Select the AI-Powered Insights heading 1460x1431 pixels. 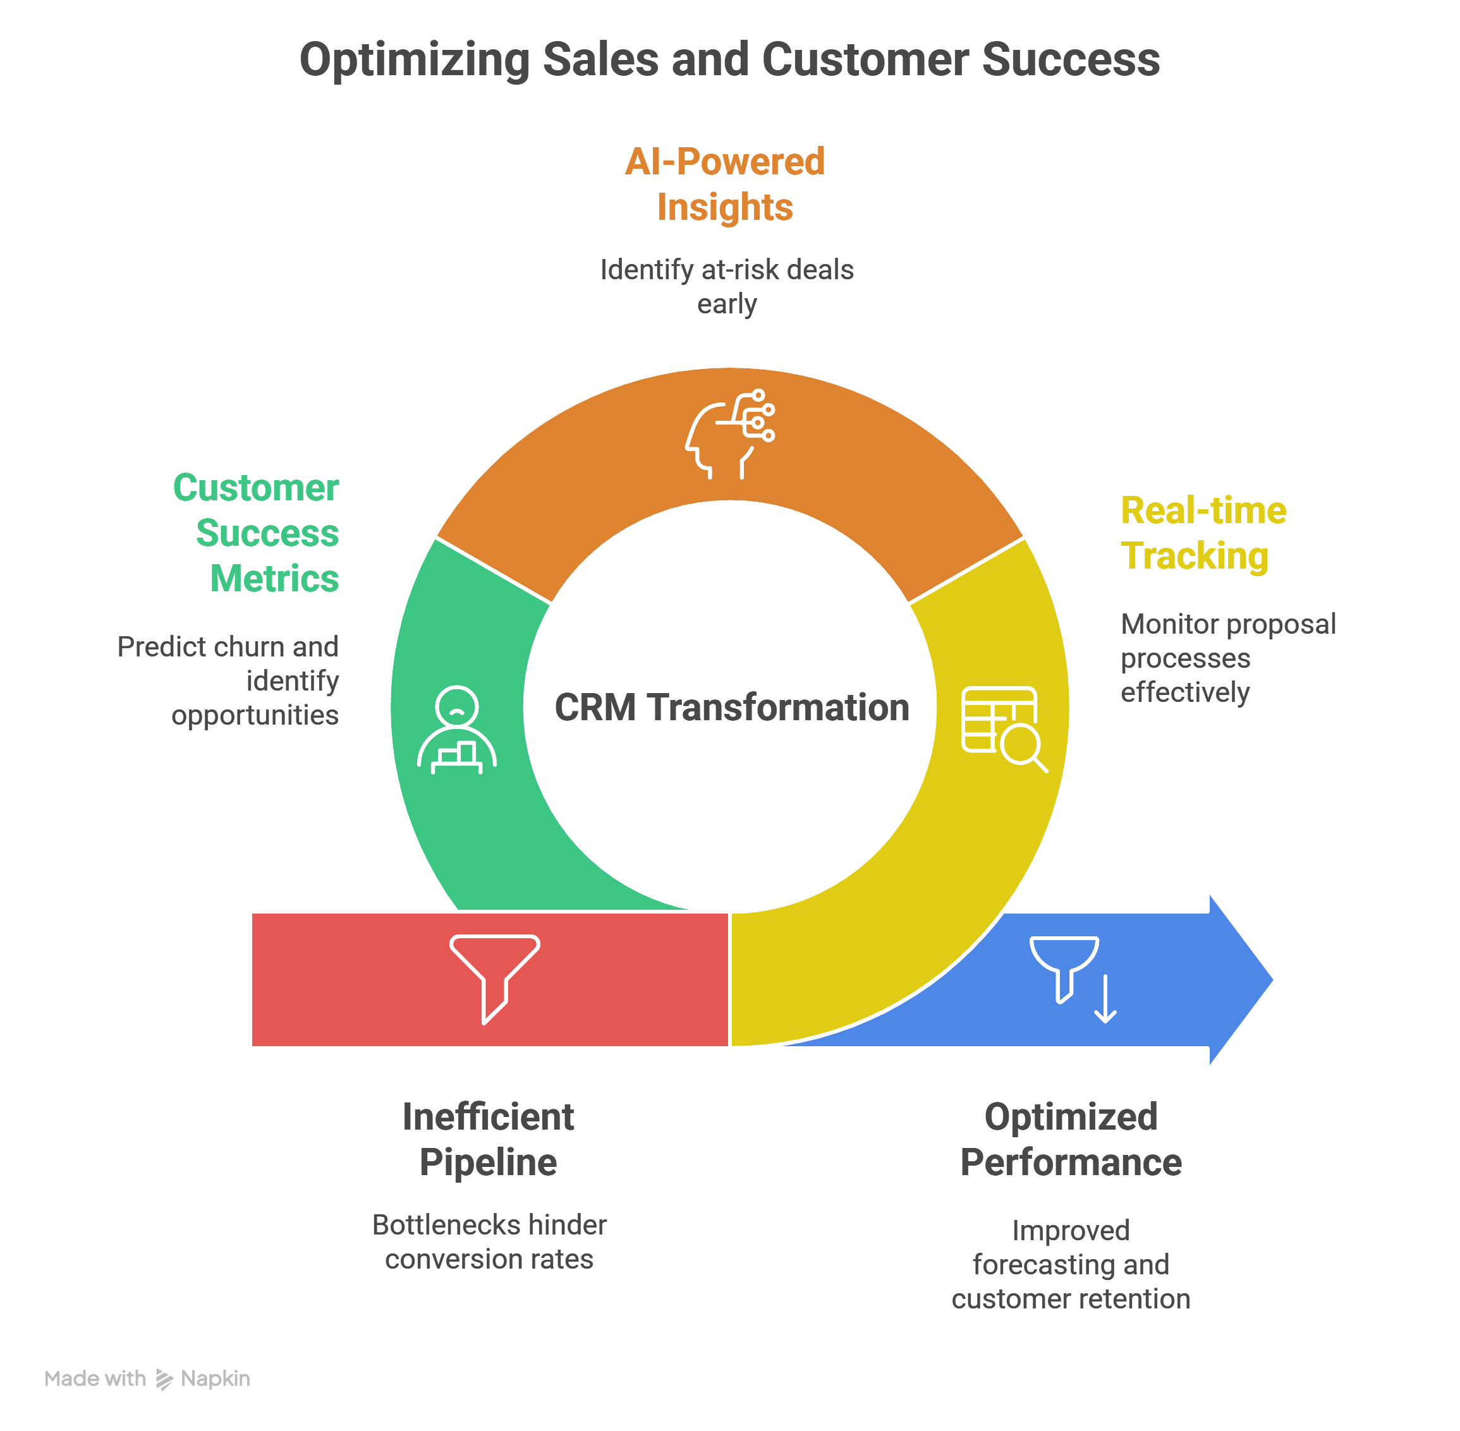pyautogui.click(x=725, y=184)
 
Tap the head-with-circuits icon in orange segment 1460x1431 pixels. pyautogui.click(x=729, y=435)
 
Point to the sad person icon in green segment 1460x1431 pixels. pyautogui.click(x=456, y=729)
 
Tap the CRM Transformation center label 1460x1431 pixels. pyautogui.click(x=731, y=707)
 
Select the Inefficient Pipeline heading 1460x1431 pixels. pyautogui.click(x=488, y=1138)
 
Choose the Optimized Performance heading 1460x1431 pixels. pyautogui.click(x=1071, y=1138)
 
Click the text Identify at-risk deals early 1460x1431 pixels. pyautogui.click(x=726, y=286)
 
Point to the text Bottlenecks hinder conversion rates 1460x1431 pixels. pyautogui.click(x=489, y=1241)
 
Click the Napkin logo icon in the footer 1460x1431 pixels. pyautogui.click(x=164, y=1379)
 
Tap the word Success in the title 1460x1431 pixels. pyautogui.click(x=1071, y=60)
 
